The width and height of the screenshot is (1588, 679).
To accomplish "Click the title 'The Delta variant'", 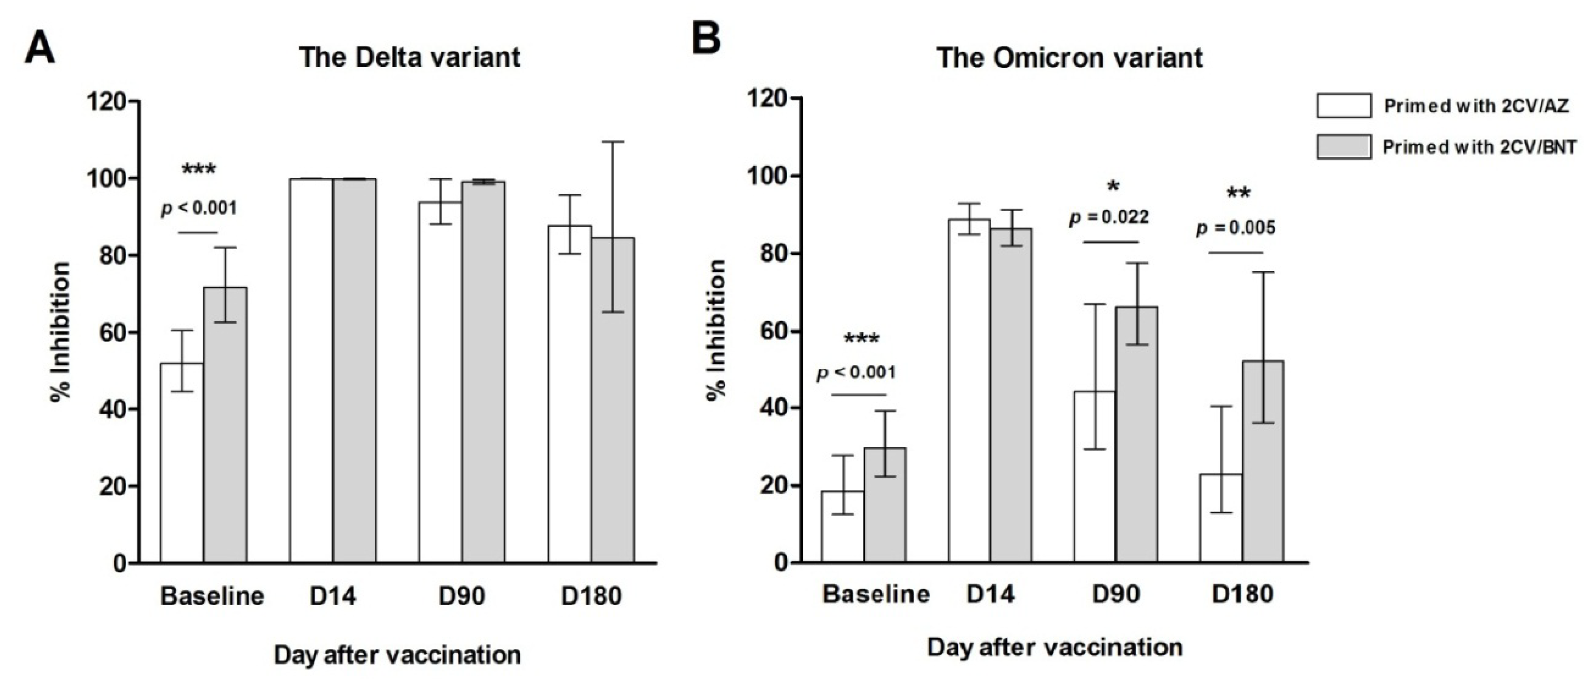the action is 410,57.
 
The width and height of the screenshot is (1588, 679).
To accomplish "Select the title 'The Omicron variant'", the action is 1070,58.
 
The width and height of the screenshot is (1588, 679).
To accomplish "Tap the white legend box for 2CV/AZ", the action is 1344,105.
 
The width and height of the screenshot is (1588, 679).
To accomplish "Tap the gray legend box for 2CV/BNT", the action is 1344,147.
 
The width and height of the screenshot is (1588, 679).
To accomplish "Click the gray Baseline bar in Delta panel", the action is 225,425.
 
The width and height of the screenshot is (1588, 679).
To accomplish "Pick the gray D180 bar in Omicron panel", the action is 1262,462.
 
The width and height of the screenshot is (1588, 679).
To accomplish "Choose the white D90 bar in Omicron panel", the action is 1095,477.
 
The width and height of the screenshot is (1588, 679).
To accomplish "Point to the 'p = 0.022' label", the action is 1109,218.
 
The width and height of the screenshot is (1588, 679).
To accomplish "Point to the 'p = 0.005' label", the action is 1236,229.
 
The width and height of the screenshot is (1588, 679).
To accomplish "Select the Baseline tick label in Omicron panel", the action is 876,594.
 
